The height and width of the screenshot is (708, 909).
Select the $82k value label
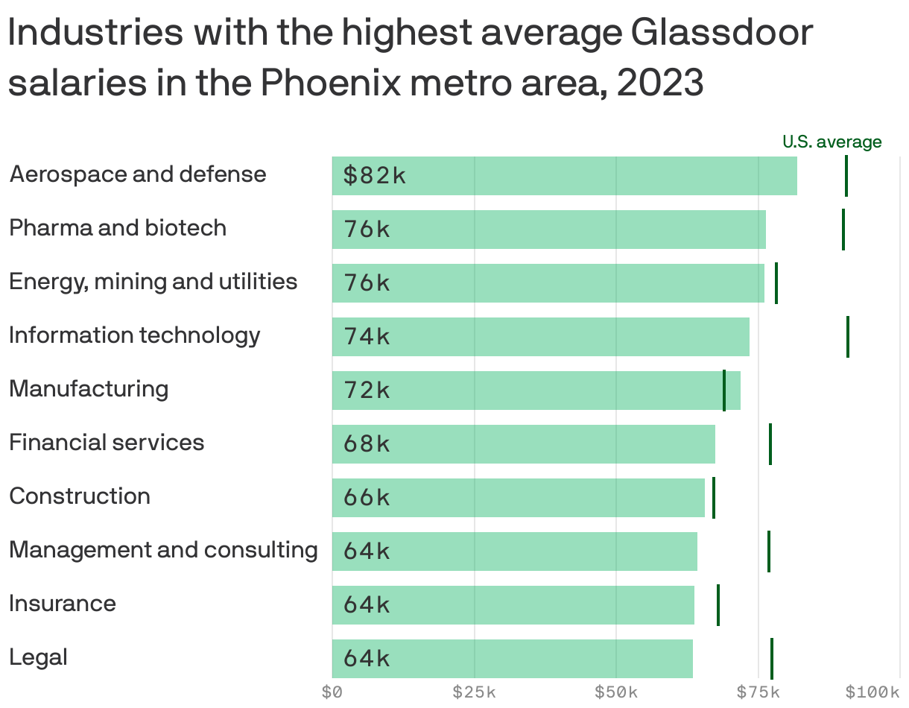point(374,176)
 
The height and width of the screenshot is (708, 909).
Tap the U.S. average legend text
point(832,142)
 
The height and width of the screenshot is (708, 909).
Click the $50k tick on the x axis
point(615,692)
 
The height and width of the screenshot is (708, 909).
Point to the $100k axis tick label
point(872,692)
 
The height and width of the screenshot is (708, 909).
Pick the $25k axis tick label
point(474,692)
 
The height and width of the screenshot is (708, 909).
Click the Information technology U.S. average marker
point(848,337)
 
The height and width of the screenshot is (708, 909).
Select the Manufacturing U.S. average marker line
point(724,391)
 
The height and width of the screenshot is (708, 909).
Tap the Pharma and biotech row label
point(118,227)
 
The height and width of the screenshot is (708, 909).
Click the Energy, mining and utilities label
point(153,281)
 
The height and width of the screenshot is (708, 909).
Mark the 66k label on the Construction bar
point(367,498)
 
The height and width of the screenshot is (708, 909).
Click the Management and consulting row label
point(163,550)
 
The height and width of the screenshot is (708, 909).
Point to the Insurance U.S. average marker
point(718,605)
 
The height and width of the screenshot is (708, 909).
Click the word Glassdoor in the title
point(720,34)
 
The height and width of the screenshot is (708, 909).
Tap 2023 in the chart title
point(660,83)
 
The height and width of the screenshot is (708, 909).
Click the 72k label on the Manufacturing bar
point(367,391)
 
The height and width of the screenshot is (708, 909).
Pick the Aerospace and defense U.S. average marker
point(846,176)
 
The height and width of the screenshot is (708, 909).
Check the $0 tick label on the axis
point(332,692)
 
